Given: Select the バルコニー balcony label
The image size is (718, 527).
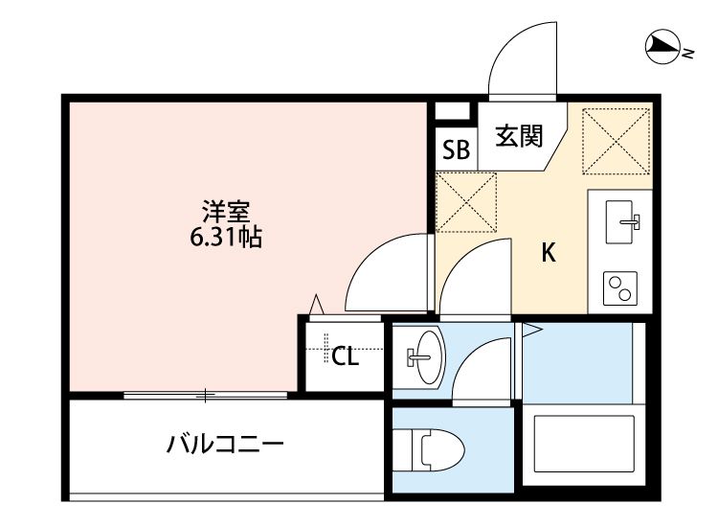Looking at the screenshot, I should click(x=225, y=444).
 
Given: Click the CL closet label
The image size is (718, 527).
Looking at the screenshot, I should click(x=345, y=357).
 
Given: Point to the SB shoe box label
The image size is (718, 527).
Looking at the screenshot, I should click(x=456, y=149).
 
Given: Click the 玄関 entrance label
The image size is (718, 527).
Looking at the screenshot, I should click(x=518, y=137).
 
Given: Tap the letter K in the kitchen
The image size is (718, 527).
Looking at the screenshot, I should click(x=549, y=253).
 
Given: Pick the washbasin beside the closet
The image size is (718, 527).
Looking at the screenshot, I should click(x=422, y=355).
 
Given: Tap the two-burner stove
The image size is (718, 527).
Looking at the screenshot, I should click(x=619, y=286).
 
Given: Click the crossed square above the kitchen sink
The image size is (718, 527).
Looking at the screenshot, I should click(x=615, y=139).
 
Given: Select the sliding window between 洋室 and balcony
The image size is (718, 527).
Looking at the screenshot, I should click(x=205, y=394).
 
